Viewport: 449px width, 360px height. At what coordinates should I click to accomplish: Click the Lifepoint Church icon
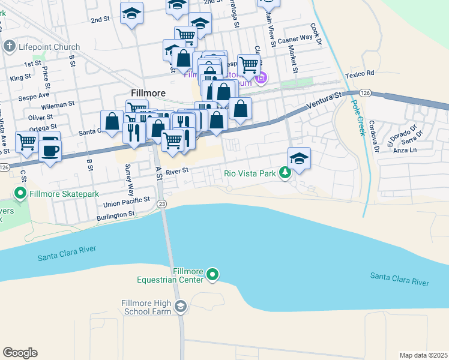(x=9, y=46)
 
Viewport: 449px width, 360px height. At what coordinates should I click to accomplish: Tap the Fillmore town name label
(x=148, y=93)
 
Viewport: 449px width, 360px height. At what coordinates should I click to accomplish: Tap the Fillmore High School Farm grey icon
(x=180, y=307)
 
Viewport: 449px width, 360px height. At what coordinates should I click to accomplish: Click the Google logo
(x=20, y=352)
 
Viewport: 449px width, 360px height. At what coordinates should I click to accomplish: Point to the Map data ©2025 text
(x=423, y=355)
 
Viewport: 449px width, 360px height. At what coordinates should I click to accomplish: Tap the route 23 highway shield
(x=162, y=204)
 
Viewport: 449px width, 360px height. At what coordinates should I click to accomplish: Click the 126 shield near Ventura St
(x=364, y=94)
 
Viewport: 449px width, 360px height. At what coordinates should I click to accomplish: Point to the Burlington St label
(x=115, y=214)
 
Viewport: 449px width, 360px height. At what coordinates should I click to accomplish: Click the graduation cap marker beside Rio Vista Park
(x=299, y=158)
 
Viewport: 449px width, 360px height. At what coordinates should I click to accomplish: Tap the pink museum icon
(x=261, y=78)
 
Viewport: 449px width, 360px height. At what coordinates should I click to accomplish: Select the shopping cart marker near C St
(x=26, y=142)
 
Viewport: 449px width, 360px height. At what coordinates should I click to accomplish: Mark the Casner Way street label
(x=295, y=38)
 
